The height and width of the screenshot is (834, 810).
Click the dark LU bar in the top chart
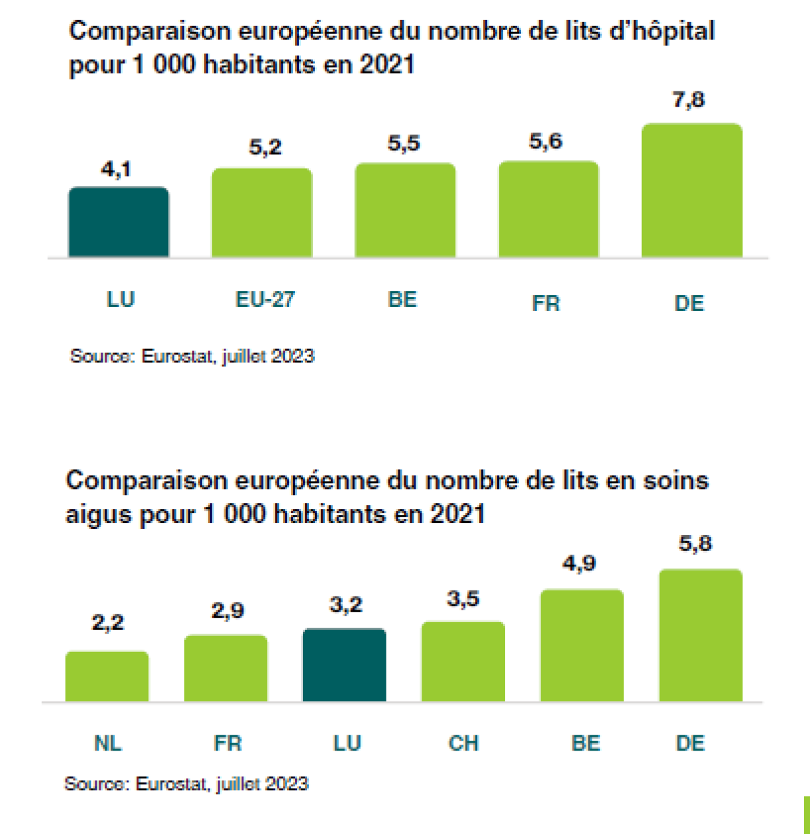[119, 222]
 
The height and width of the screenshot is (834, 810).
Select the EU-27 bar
[262, 212]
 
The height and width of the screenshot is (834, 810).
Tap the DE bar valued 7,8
[692, 191]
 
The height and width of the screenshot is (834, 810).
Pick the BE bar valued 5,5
[405, 210]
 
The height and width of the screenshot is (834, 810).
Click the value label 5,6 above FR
[545, 141]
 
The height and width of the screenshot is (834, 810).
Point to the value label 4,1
[116, 169]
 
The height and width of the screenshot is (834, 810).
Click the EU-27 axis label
[265, 300]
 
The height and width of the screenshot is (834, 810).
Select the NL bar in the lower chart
[107, 676]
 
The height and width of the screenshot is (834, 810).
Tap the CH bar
[463, 662]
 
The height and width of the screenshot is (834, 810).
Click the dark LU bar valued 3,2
[345, 665]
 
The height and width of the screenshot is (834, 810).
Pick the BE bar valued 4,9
[582, 645]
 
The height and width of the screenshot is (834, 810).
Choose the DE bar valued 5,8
[701, 635]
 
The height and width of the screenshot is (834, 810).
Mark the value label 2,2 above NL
[108, 623]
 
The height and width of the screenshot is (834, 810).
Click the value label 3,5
[463, 599]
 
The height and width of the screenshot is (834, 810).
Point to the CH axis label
[463, 743]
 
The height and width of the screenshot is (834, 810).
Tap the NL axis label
[108, 743]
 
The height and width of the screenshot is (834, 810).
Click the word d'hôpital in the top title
[662, 32]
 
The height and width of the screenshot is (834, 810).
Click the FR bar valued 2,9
[226, 669]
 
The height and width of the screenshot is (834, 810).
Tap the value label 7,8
[689, 100]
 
